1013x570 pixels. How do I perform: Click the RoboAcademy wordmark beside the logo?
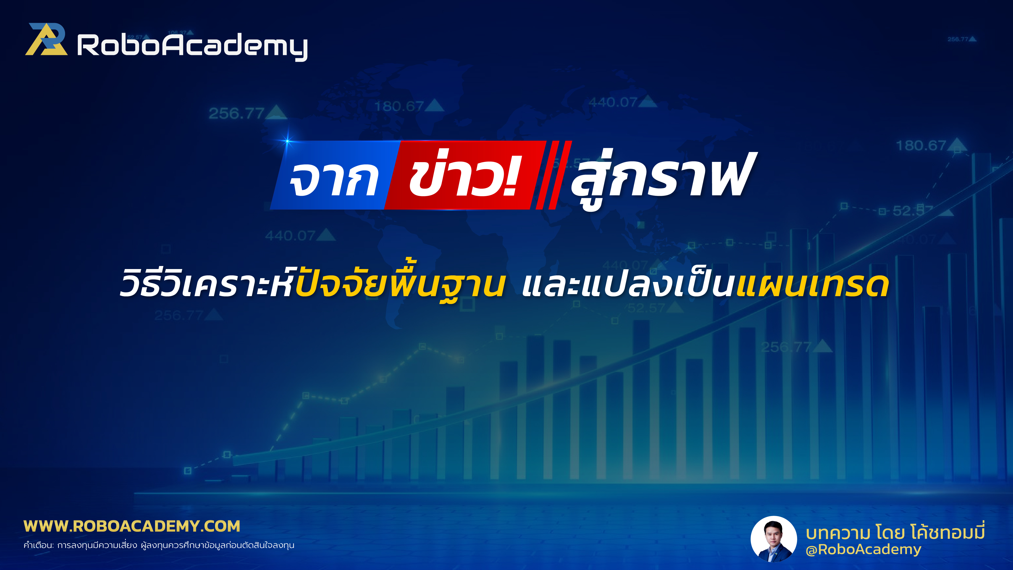pyautogui.click(x=192, y=46)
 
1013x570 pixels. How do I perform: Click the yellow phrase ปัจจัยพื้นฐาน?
pyautogui.click(x=399, y=283)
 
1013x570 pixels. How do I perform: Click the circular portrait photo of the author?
pyautogui.click(x=773, y=539)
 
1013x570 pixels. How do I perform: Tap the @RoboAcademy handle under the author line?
pyautogui.click(x=863, y=549)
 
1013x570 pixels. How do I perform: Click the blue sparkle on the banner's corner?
pyautogui.click(x=287, y=141)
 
